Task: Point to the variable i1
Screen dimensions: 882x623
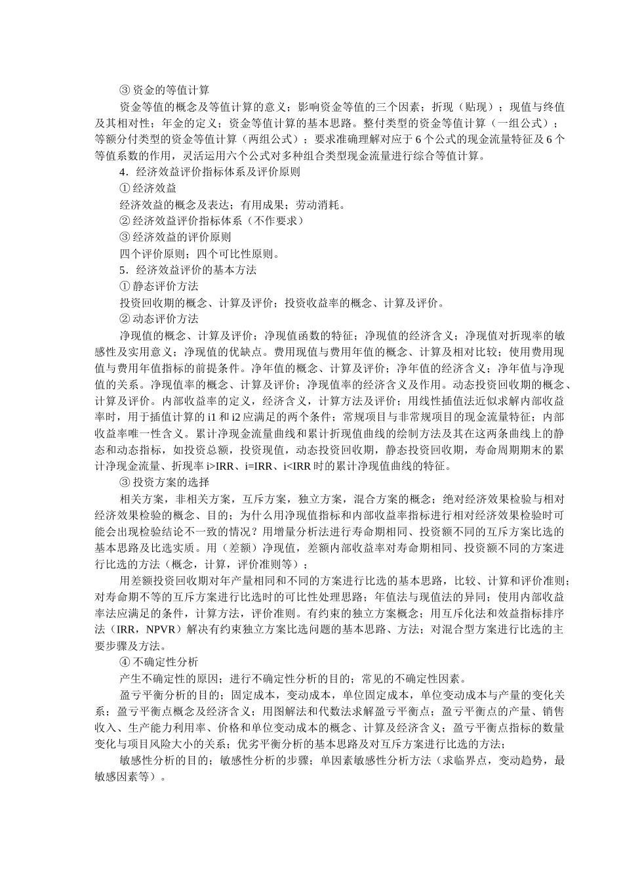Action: click(212, 417)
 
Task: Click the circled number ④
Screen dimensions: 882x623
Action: click(125, 662)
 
